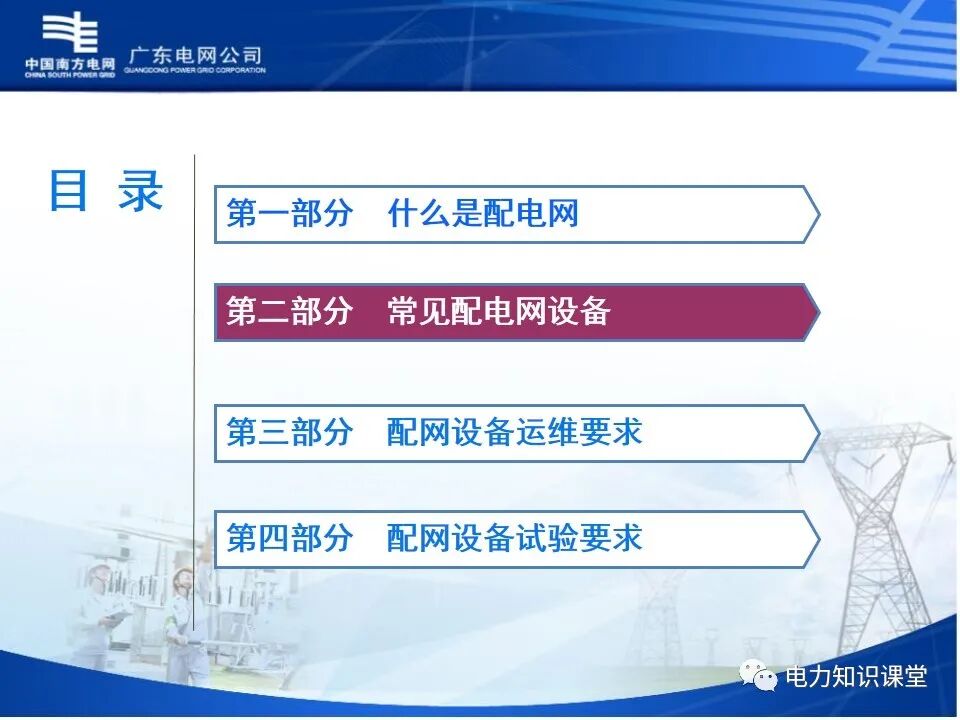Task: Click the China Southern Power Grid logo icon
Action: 71,33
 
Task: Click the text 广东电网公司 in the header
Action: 196,56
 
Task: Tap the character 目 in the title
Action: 69,191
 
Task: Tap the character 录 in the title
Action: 140,191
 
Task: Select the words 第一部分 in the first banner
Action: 289,213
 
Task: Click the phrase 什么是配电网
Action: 483,213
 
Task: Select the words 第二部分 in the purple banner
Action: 289,312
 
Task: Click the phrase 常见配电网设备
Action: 499,312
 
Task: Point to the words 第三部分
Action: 289,432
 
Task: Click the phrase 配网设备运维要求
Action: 515,432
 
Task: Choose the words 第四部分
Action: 289,538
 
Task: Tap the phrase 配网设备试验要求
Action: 515,538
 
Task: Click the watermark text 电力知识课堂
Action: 857,677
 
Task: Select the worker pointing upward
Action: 186,620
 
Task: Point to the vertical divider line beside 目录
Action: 194,400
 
